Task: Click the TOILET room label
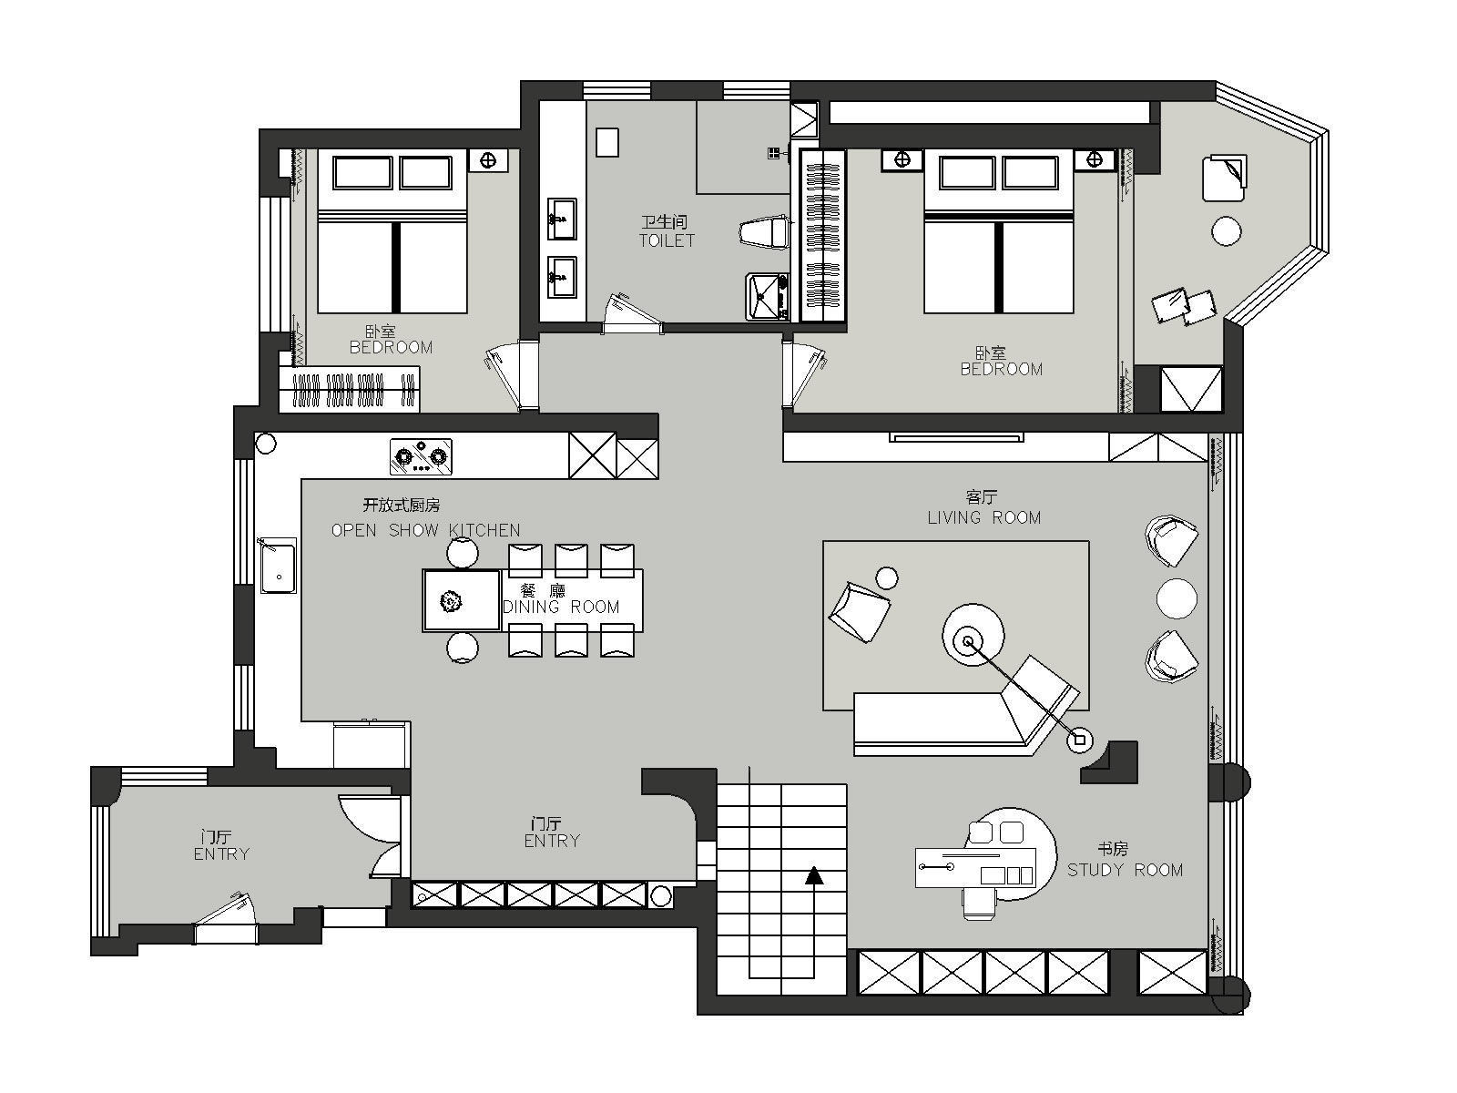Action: (667, 240)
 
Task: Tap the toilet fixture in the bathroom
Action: (765, 232)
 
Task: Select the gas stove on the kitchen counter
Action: (421, 456)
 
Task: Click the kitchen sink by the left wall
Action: (278, 566)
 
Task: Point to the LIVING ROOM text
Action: (983, 517)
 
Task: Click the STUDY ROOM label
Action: (1126, 870)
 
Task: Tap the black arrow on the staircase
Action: (814, 876)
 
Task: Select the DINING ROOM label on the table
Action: (561, 607)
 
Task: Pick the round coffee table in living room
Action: (973, 637)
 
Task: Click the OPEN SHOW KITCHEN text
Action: (425, 530)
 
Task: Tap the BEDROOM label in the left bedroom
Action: (391, 347)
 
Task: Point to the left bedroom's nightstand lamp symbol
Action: (488, 160)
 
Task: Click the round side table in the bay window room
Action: (1226, 231)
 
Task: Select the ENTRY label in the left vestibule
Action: (221, 853)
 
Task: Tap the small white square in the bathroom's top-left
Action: (606, 142)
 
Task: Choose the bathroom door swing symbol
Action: (630, 313)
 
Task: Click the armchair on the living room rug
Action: (859, 612)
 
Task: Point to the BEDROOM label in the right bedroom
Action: (1002, 369)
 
